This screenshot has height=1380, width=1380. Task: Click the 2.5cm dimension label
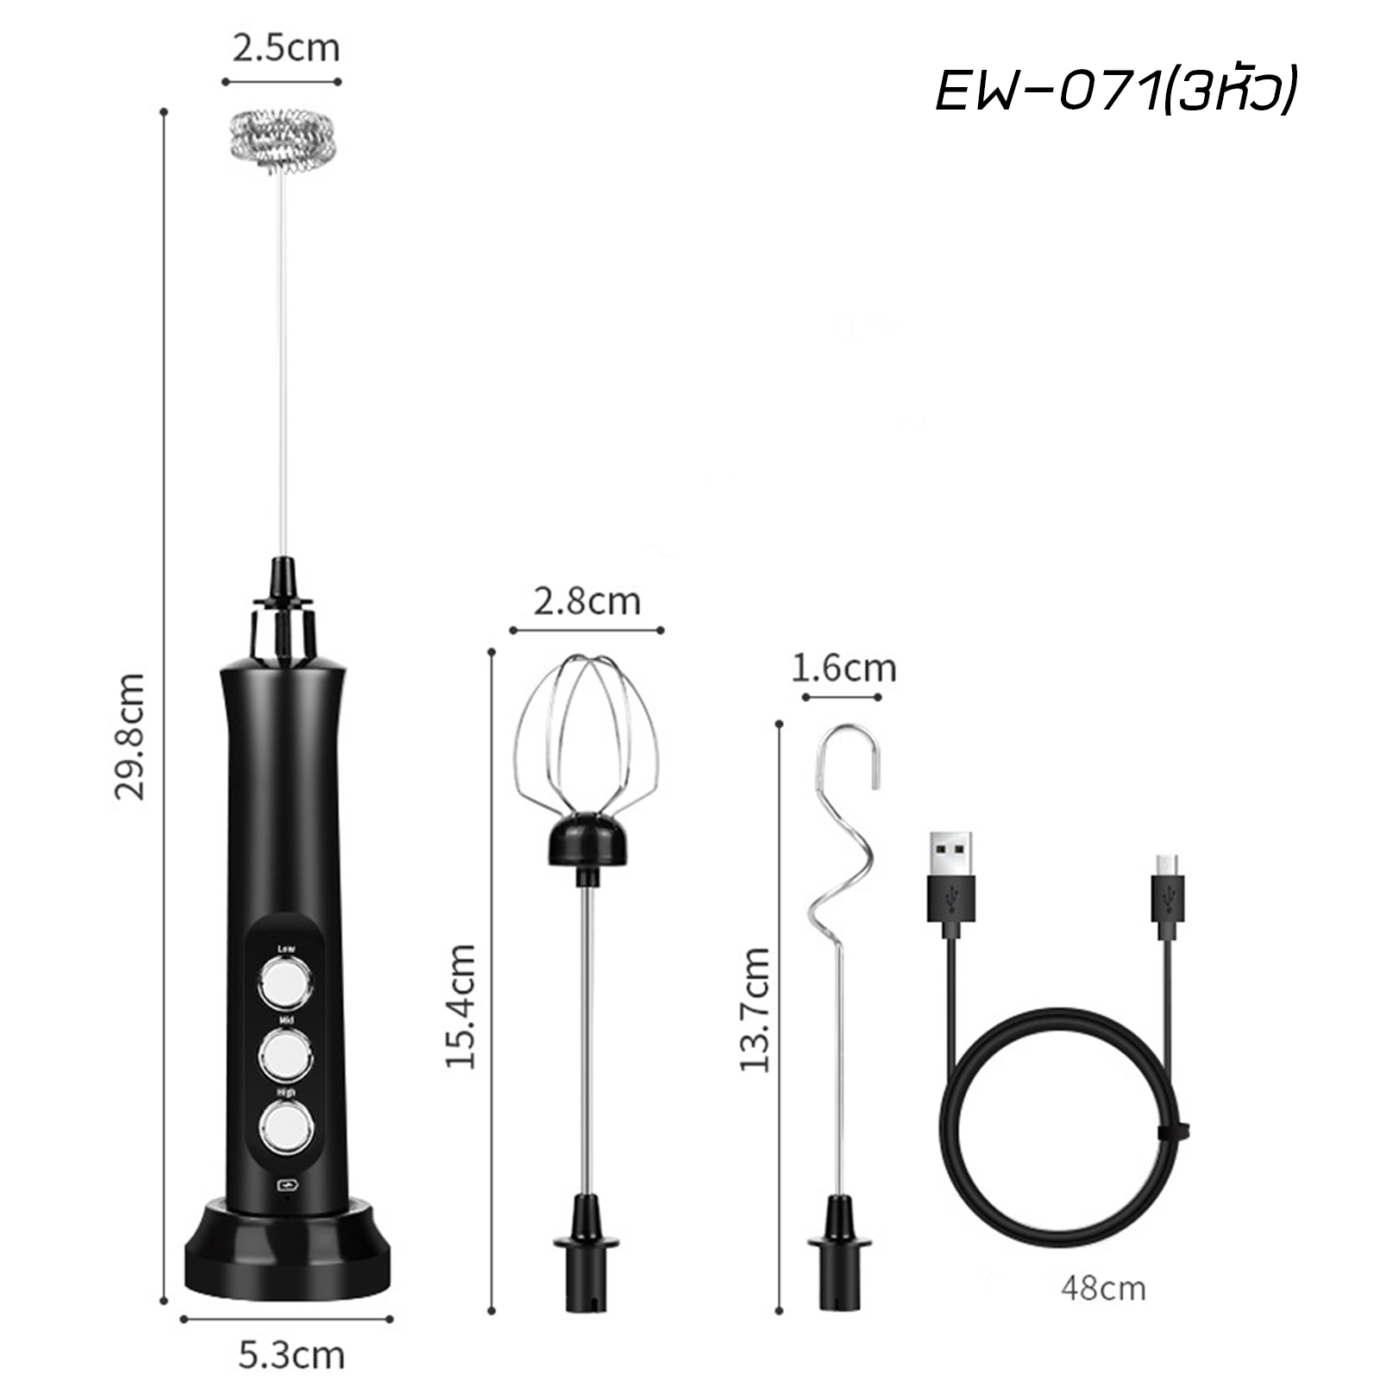[x=285, y=47]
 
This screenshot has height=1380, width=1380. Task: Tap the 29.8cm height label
[x=130, y=737]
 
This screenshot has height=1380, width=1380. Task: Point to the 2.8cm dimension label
[x=586, y=601]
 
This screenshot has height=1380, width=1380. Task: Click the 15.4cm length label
[x=460, y=1007]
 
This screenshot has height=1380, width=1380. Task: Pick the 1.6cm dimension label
[x=844, y=668]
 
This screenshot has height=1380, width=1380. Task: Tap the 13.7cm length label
[x=755, y=1009]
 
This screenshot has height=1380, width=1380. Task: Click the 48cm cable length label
[x=1103, y=1289]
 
